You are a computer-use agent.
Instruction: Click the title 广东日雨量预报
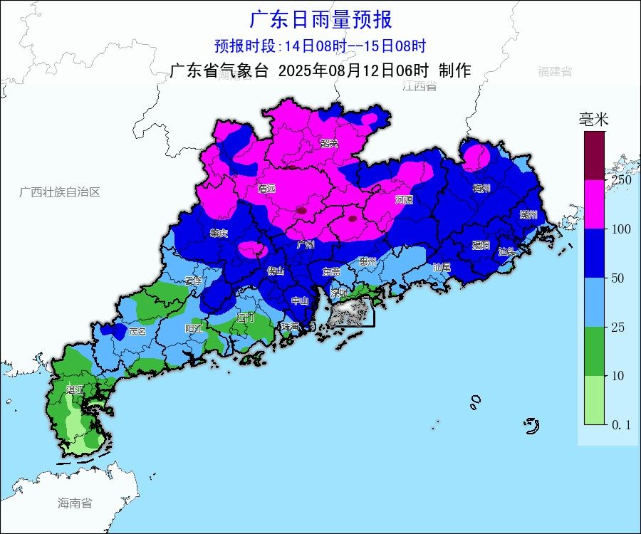click(x=320, y=19)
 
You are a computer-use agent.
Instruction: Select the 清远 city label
click(x=267, y=189)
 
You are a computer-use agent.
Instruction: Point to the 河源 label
click(x=404, y=199)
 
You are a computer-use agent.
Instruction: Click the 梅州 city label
click(x=482, y=188)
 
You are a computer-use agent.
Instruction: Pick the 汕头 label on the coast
click(x=507, y=251)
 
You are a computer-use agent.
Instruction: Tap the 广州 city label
click(x=306, y=244)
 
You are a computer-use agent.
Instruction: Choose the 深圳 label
click(x=338, y=292)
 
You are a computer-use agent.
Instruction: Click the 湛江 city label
click(x=75, y=389)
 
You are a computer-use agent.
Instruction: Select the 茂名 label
click(x=137, y=331)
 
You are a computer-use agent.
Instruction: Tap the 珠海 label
click(x=289, y=326)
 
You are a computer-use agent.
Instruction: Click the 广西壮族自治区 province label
click(x=60, y=192)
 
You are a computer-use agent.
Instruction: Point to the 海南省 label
click(x=75, y=503)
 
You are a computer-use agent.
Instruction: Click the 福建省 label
click(x=555, y=71)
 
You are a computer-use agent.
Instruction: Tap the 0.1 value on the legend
click(x=620, y=424)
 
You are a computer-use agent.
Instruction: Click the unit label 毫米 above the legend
click(x=593, y=120)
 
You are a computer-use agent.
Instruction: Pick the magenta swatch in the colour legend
click(x=594, y=204)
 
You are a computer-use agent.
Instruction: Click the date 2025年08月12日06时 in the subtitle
click(x=353, y=70)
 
